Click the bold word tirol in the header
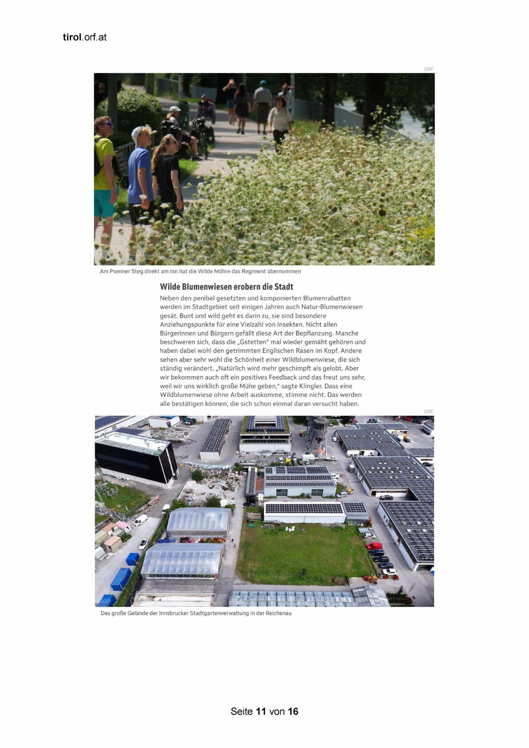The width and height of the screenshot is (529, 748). pos(72,37)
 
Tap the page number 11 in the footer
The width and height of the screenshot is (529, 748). pos(261,711)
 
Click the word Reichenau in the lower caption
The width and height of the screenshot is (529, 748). pos(278,613)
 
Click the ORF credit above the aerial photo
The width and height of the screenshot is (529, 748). pos(428,412)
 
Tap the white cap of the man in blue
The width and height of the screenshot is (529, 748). pos(137,134)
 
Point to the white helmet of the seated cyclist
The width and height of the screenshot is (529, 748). pos(175,109)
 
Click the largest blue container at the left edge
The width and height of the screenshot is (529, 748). pos(121,578)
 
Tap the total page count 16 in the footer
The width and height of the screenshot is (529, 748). pos(293,711)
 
